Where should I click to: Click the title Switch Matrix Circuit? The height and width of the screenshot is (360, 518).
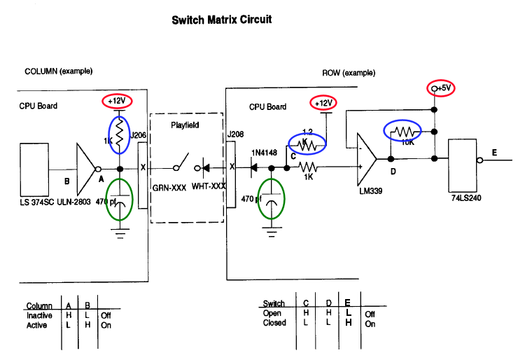click(x=222, y=20)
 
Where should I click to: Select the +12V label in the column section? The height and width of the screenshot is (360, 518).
click(x=117, y=101)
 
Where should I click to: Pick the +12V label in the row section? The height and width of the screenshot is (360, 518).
click(x=323, y=104)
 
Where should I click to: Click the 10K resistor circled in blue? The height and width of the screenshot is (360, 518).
click(x=402, y=131)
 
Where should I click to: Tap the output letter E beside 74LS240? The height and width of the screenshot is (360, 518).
click(x=495, y=153)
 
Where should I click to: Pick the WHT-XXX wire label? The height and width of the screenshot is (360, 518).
click(x=209, y=187)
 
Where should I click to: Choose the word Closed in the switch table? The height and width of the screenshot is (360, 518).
click(x=274, y=323)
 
